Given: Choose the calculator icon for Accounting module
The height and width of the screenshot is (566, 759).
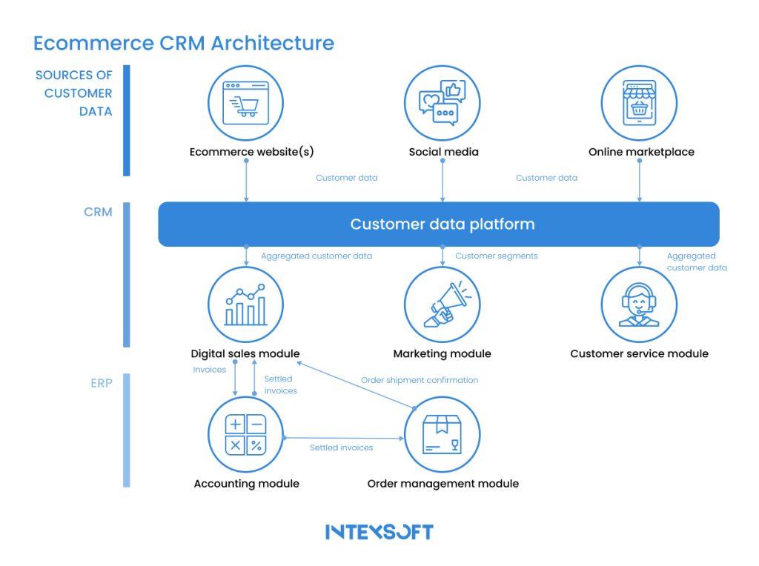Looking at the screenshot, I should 246,434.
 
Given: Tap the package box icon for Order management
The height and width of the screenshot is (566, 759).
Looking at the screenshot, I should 443,434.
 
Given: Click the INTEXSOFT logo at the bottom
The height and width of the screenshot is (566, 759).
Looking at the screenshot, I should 379,532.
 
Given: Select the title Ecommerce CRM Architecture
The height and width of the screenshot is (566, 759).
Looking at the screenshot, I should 184,43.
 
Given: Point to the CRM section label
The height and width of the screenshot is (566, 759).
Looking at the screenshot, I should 98,212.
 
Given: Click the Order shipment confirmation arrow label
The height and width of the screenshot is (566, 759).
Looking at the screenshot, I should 420,380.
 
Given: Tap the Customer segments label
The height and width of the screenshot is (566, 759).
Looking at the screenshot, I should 496,256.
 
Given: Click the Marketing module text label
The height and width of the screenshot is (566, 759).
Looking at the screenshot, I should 442,353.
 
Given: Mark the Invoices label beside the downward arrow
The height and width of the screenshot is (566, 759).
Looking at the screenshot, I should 209,369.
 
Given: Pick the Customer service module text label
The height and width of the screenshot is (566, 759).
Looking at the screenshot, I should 639,353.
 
